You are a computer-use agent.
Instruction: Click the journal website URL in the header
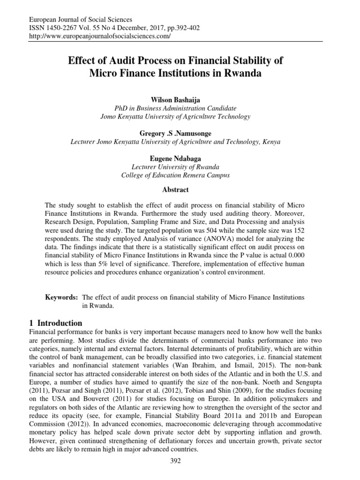pos(100,36)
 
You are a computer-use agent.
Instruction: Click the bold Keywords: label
pos(61,298)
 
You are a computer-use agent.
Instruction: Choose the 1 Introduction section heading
pos(56,323)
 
